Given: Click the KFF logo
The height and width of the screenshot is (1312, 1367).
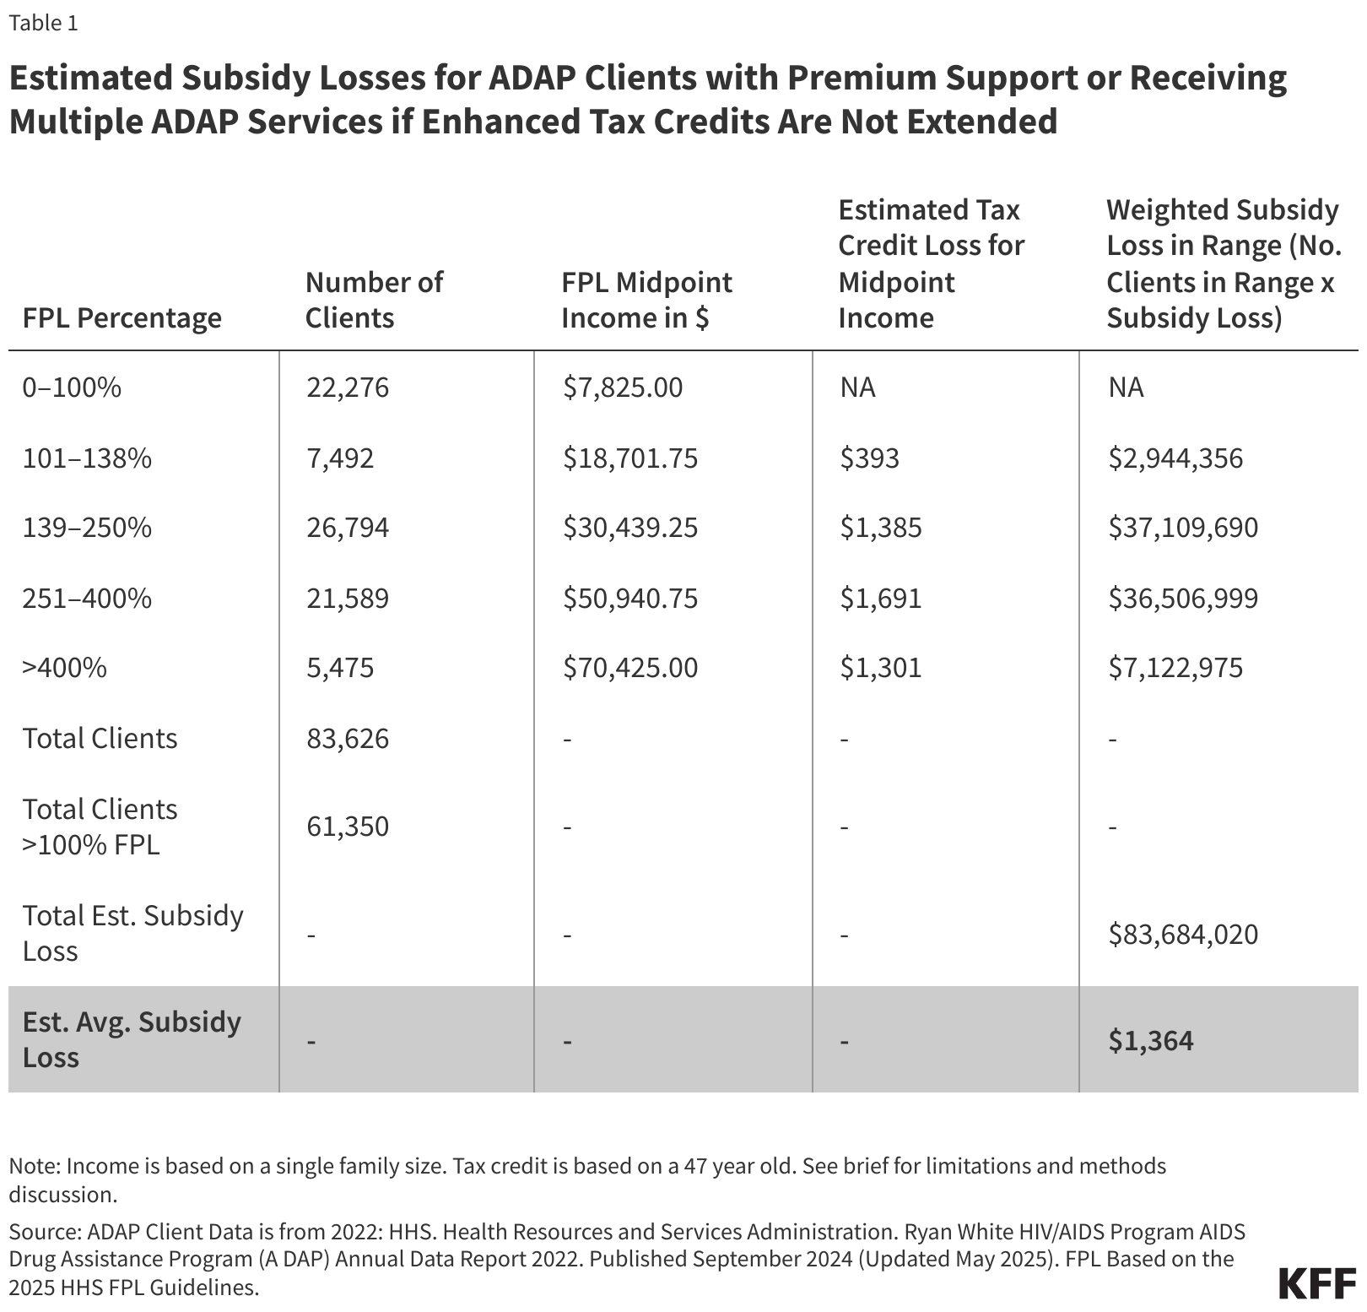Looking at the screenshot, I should point(1317,1284).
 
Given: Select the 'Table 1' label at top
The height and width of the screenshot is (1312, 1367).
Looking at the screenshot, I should point(43,23).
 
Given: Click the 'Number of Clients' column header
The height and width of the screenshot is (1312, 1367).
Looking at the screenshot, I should point(373,300).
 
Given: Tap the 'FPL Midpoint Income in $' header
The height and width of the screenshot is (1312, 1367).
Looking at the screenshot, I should point(646,300).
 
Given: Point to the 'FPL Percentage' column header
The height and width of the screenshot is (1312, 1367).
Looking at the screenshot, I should point(122,318).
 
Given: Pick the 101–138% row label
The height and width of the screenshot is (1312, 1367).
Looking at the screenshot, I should point(87,458).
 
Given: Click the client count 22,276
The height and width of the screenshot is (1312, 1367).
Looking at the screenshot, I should point(347,388).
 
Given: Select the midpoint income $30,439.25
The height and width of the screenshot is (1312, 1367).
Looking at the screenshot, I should point(630,528).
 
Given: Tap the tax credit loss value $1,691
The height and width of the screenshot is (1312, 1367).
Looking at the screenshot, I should point(880,599).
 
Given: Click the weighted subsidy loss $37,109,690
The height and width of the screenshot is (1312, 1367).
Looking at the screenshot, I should point(1183,528).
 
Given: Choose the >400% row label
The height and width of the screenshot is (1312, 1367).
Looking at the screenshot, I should point(65,668).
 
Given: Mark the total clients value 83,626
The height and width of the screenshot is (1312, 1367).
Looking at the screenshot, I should point(347,739).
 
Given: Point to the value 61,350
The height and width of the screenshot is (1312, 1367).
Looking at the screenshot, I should point(347,826).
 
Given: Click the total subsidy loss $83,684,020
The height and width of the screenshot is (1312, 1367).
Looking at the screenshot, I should point(1183,935).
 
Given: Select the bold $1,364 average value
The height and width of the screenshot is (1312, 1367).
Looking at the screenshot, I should point(1151,1040).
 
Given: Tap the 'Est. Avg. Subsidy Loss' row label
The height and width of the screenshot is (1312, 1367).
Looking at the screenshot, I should point(132,1039).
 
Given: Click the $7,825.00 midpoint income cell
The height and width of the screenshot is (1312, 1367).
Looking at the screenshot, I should point(623,388).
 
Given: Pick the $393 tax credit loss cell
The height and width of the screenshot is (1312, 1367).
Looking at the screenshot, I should point(869,458).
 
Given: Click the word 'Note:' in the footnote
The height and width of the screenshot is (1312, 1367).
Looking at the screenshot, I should point(35,1166).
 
